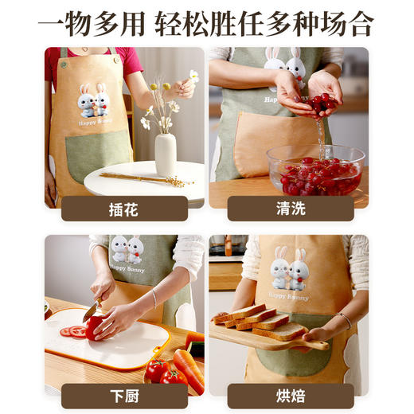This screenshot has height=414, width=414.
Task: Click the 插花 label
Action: click(123, 209)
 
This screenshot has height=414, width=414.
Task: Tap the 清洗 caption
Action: click(289, 209)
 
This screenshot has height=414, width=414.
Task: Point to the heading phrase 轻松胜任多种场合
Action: click(264, 22)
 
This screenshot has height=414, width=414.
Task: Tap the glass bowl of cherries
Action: click(315, 171)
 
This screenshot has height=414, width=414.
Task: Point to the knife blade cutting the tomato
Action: click(92, 311)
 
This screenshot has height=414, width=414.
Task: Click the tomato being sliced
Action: click(97, 327)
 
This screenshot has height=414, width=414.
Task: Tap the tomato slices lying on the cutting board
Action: click(74, 330)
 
